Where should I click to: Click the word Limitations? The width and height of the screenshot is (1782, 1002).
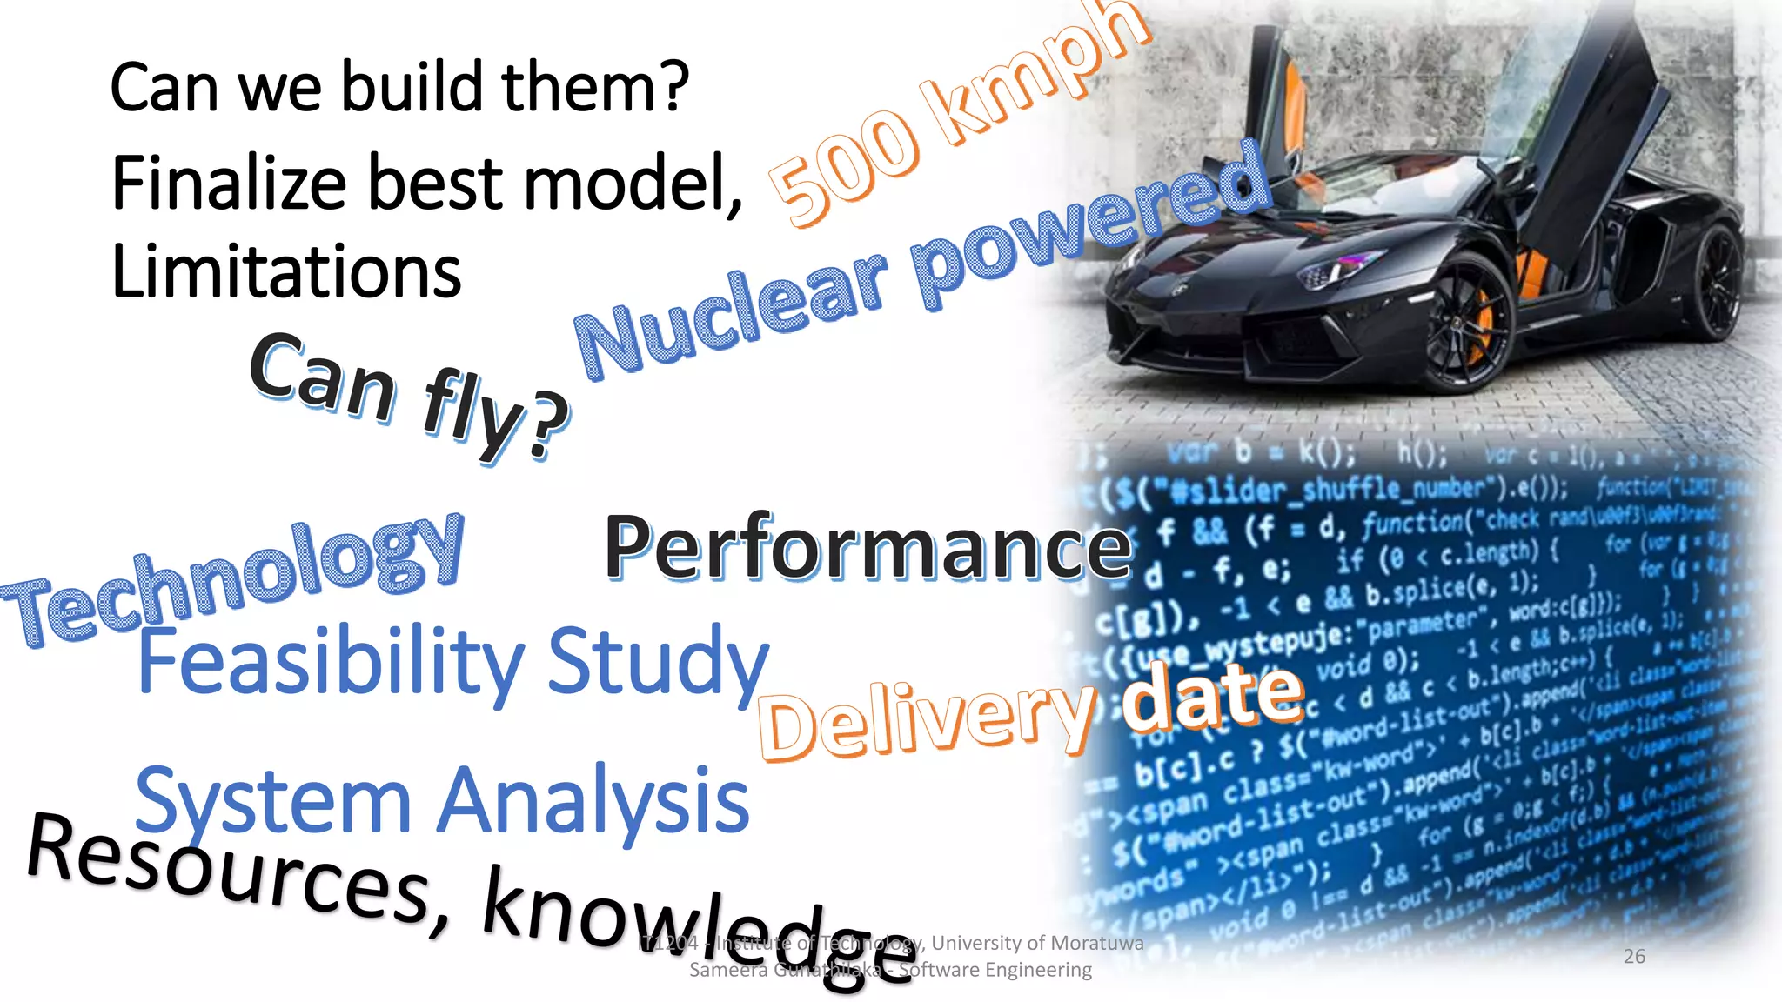(x=286, y=271)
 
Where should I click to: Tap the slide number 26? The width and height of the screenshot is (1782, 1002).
(x=1634, y=957)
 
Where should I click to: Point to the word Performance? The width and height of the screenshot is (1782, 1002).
(x=868, y=548)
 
